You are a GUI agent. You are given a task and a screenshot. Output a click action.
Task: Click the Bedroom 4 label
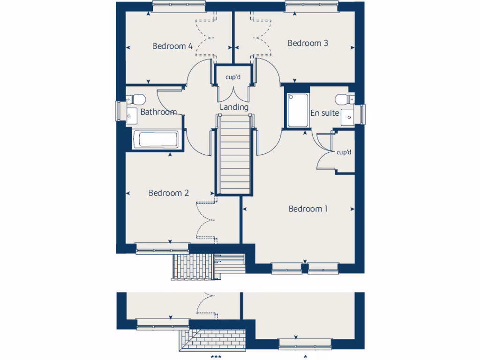[172, 46]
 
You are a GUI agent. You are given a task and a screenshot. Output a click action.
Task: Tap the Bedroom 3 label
[307, 43]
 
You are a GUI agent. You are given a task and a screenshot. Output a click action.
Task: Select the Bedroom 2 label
[168, 193]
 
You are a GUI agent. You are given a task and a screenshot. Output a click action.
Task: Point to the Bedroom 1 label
[308, 209]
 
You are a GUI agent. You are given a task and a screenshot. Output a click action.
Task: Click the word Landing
[234, 107]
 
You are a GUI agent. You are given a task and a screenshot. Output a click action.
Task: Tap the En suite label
[324, 113]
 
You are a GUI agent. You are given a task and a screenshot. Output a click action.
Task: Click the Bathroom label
[158, 112]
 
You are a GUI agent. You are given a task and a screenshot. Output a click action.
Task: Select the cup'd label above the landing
[233, 77]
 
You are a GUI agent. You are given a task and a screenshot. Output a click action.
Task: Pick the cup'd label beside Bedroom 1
[344, 152]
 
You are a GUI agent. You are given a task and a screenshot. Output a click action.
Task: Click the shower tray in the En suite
[298, 110]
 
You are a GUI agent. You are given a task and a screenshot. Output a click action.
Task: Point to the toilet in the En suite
[344, 99]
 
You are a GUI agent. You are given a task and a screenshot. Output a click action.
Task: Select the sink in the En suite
[348, 117]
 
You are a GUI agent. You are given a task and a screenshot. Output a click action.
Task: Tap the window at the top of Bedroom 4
[179, 5]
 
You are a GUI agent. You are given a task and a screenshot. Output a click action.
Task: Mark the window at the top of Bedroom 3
[312, 5]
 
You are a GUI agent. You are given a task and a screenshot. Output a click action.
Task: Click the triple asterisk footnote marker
[216, 357]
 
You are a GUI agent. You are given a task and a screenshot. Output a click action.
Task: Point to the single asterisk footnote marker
[305, 357]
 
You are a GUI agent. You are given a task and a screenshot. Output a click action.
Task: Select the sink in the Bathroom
[130, 115]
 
